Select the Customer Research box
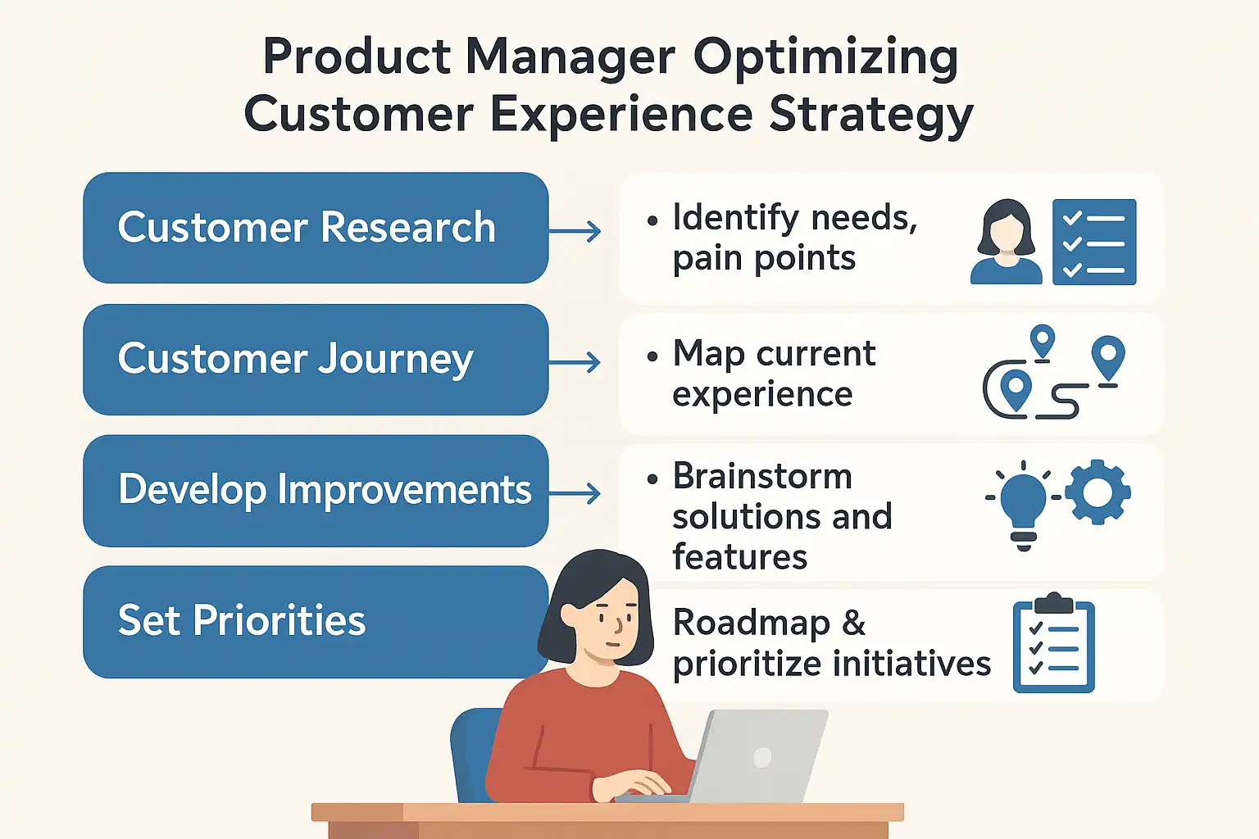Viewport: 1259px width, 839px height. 316,228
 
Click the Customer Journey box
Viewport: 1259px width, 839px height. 316,360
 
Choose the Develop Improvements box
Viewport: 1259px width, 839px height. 316,491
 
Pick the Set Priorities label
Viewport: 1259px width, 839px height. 242,621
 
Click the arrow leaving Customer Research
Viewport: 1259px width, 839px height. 575,232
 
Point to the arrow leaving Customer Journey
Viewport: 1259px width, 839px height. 575,362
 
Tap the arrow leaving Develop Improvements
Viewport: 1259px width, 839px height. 575,494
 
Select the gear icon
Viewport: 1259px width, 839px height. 1098,492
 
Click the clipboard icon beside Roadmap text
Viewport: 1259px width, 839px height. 1054,642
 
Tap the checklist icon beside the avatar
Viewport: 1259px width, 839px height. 1094,242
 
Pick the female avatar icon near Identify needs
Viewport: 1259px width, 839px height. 1006,242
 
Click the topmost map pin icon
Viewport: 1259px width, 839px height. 1043,341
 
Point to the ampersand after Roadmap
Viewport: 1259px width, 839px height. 854,623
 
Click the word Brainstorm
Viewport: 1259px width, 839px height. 762,477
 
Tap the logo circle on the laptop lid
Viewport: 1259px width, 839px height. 763,758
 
